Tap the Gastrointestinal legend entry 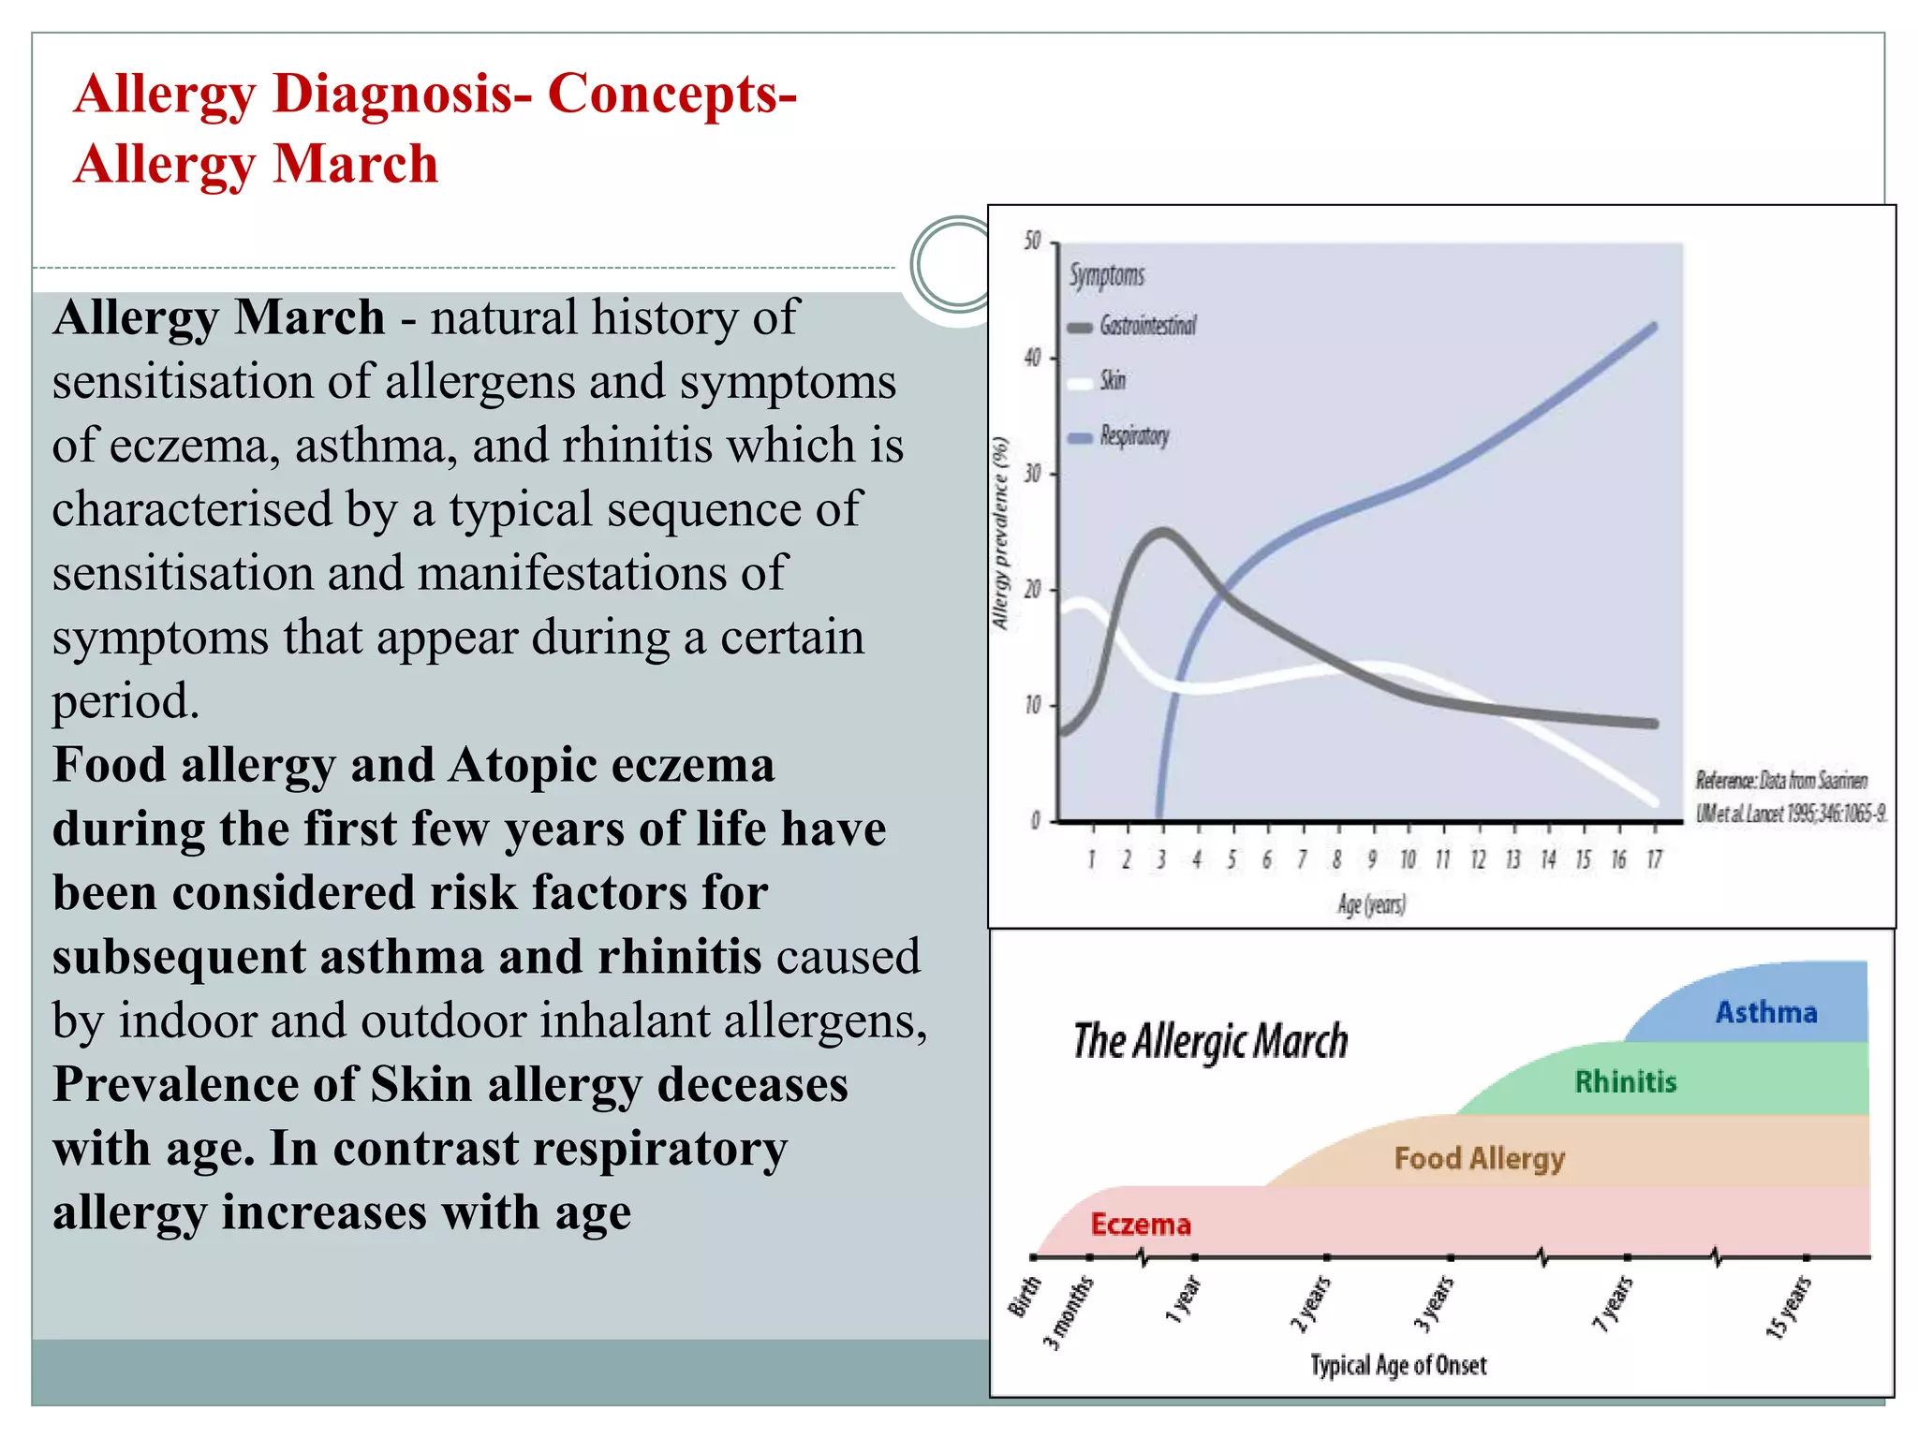(1146, 326)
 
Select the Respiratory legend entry (1133, 436)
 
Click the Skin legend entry (1112, 380)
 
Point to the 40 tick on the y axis (1033, 358)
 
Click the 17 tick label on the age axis (1654, 859)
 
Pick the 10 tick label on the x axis (1408, 859)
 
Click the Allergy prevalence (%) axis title (1000, 534)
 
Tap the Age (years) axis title (1371, 904)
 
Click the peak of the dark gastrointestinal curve (1162, 533)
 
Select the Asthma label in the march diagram (1765, 1012)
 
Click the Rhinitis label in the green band (1625, 1082)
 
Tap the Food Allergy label (1479, 1158)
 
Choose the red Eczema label (1140, 1225)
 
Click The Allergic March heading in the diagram (1210, 1041)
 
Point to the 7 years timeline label (1613, 1303)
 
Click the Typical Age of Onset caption (1397, 1365)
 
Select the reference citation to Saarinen (1789, 797)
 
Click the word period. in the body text (125, 701)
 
